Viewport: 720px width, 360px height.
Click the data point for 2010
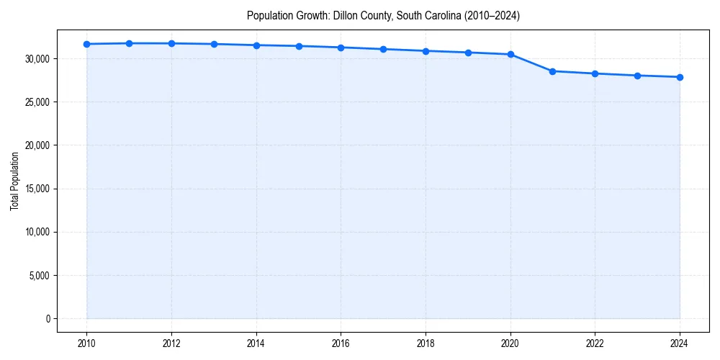click(x=86, y=44)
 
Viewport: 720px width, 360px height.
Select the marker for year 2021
click(x=552, y=71)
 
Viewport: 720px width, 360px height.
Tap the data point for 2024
click(x=680, y=77)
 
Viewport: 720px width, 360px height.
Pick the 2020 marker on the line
click(x=510, y=54)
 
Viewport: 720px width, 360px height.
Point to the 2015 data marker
click(x=299, y=46)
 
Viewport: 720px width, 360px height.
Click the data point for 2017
click(x=383, y=49)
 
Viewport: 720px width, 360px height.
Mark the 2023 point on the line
click(x=637, y=76)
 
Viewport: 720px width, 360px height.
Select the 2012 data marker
click(x=171, y=43)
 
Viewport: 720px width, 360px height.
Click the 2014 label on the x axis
click(x=256, y=344)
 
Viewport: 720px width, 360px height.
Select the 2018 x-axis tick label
click(x=426, y=344)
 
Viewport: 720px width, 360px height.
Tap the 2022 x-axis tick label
click(x=595, y=344)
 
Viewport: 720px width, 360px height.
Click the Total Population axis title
click(x=14, y=181)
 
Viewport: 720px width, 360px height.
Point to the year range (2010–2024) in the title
click(x=488, y=15)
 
